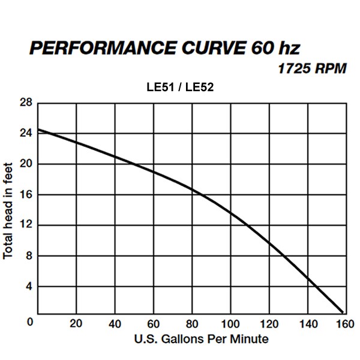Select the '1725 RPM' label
312,68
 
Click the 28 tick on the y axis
25,103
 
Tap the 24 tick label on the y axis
25,133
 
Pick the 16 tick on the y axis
25,194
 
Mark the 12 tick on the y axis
25,225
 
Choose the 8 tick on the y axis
27,256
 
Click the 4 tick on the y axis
27,286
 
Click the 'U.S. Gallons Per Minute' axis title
201,340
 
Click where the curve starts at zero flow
38,130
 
